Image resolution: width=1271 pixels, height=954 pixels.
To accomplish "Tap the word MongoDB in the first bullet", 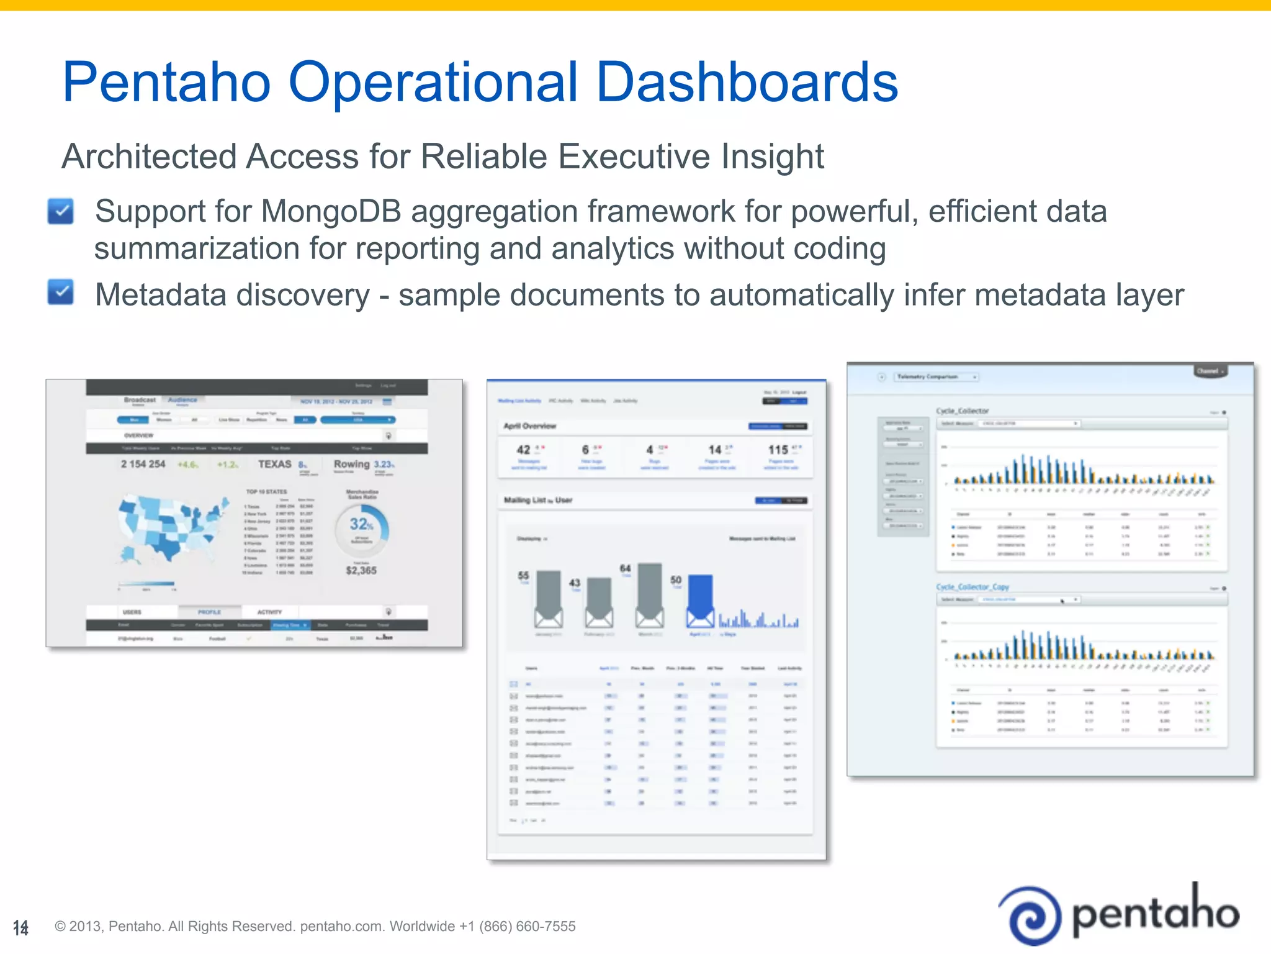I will point(331,211).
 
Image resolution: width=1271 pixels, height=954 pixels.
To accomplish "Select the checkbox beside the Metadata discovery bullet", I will point(61,293).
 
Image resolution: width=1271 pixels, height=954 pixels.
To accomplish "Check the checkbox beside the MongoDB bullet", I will point(61,211).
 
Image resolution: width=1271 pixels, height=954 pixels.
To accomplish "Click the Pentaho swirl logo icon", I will point(1031,915).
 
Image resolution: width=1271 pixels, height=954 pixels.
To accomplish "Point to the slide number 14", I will point(20,928).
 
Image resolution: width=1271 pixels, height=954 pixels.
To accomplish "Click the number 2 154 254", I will point(143,464).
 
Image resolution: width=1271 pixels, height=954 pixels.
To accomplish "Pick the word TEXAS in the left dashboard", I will point(274,464).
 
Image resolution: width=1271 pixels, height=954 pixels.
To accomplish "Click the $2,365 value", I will point(361,570).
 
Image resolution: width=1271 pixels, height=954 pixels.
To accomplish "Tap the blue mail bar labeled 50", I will point(700,599).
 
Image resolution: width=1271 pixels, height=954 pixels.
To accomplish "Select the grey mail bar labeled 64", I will point(650,593).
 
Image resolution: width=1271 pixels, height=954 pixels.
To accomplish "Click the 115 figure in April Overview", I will point(778,449).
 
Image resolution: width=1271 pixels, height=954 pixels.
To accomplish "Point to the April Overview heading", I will point(530,426).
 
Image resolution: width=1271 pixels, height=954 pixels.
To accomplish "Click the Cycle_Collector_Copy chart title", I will point(972,587).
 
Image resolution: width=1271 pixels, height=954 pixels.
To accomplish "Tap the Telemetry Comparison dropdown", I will point(936,377).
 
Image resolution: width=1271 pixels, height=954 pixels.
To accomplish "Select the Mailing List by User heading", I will point(538,500).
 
